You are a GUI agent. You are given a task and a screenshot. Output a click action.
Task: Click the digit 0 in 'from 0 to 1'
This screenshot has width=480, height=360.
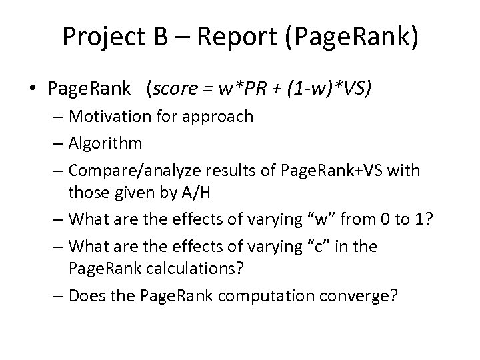pos(390,219)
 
